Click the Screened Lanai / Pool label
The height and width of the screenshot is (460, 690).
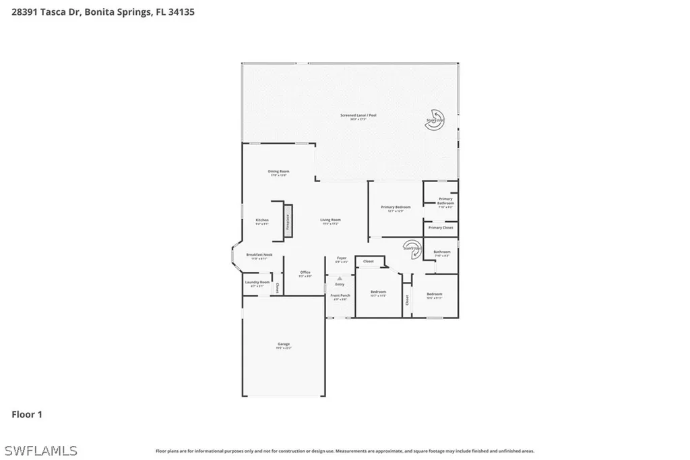[x=358, y=116]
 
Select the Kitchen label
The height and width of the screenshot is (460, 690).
[x=262, y=221]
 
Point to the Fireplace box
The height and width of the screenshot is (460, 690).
[x=288, y=221]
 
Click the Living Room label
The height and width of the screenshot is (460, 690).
[x=330, y=221]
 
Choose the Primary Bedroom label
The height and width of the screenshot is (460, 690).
[x=396, y=208]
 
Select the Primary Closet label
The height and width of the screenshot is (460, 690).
[x=441, y=228]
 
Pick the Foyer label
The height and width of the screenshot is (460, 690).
[x=342, y=259]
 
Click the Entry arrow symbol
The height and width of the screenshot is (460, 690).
[x=340, y=278]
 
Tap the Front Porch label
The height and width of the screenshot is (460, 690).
[x=340, y=296]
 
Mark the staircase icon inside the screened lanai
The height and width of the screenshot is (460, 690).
[x=435, y=121]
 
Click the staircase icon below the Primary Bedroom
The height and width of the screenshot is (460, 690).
[x=412, y=248]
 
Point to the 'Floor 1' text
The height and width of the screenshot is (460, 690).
[x=27, y=415]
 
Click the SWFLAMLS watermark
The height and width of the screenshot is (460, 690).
[x=40, y=450]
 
